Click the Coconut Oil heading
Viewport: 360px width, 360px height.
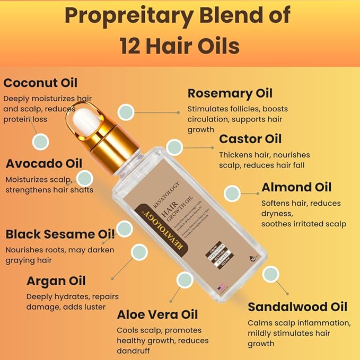tap(40, 83)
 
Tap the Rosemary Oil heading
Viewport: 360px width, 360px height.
tap(230, 93)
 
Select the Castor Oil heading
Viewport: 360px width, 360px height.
tap(250, 139)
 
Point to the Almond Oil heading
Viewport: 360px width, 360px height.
tap(296, 187)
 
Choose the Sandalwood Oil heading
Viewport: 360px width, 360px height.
tap(297, 306)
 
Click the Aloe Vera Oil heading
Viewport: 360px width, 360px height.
tap(157, 315)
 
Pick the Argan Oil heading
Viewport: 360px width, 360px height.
tap(56, 280)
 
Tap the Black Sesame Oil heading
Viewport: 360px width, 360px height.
tap(60, 234)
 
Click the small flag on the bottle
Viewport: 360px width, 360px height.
tap(222, 287)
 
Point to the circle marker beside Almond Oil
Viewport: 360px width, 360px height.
tap(233, 193)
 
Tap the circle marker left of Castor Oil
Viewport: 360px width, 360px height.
tap(174, 147)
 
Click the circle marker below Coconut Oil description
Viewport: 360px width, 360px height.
tap(41, 142)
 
